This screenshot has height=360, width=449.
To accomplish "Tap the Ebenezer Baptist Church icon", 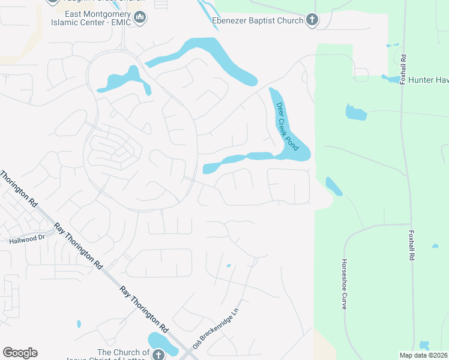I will pos(312,20).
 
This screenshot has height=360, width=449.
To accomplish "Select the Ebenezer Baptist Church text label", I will pos(258,21).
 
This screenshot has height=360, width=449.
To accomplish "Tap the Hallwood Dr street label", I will pos(27,238).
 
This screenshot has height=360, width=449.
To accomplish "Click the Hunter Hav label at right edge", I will pos(428,80).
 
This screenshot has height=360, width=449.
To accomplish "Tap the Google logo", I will pos(20,353).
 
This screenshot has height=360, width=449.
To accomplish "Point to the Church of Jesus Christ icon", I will pos(158,355).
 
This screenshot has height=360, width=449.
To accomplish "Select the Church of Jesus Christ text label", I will pos(124,352).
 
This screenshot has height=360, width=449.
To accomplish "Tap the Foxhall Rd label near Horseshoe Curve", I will pos(411,244).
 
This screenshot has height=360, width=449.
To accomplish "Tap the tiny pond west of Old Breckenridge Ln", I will pos(228,265).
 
